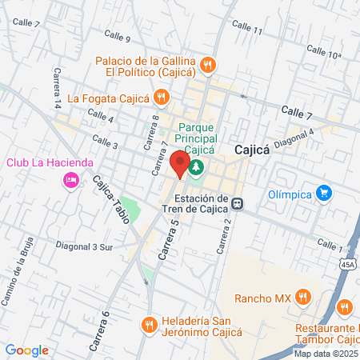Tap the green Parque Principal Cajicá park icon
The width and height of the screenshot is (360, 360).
click(197, 167)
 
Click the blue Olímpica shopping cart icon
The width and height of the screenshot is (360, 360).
click(323, 192)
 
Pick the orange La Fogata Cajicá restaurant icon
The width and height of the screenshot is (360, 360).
click(161, 98)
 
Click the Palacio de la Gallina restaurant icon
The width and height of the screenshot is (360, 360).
click(207, 64)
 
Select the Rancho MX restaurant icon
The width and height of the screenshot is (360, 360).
click(302, 298)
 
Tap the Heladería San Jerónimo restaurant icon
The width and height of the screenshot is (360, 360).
click(148, 325)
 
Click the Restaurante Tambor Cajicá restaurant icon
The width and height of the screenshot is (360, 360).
click(344, 306)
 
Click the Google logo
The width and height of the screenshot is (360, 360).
click(26, 350)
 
